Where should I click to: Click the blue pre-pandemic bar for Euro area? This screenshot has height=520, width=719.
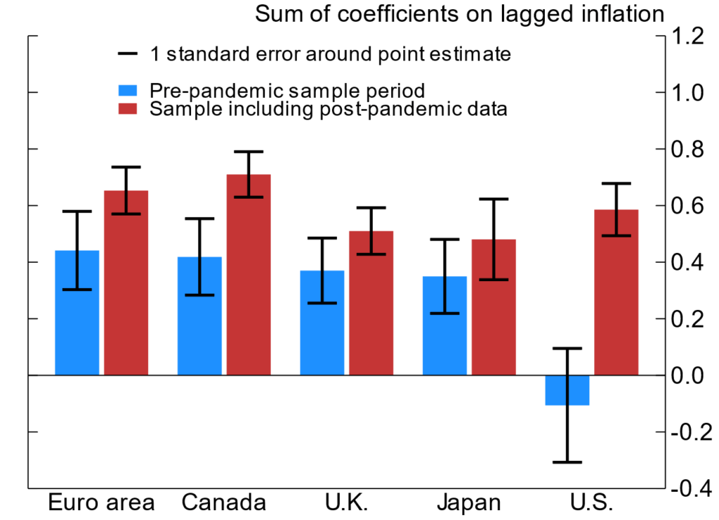pyautogui.click(x=77, y=313)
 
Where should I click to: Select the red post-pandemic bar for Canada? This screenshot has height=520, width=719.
pyautogui.click(x=249, y=274)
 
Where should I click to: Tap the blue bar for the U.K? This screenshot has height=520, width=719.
pyautogui.click(x=322, y=323)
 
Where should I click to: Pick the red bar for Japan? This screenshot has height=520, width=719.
pyautogui.click(x=494, y=307)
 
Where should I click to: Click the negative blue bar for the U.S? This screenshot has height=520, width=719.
pyautogui.click(x=567, y=390)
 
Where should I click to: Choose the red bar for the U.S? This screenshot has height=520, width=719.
pyautogui.click(x=616, y=292)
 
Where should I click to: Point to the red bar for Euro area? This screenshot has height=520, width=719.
pyautogui.click(x=126, y=282)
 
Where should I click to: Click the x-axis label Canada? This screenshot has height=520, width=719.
pyautogui.click(x=224, y=503)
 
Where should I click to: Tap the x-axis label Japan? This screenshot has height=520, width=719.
pyautogui.click(x=468, y=503)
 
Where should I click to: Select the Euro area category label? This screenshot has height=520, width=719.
pyautogui.click(x=101, y=503)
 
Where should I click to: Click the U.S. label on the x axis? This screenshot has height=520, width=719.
pyautogui.click(x=592, y=503)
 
